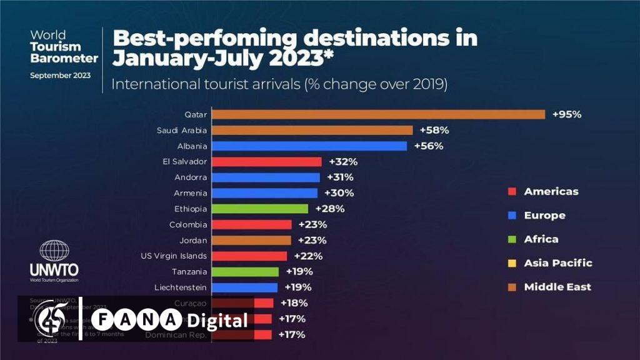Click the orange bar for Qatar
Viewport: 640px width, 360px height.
[x=379, y=114]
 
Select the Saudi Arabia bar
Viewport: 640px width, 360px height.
[x=312, y=130]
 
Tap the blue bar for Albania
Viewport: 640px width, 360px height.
[x=309, y=146]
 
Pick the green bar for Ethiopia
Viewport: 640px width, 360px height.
[x=260, y=208]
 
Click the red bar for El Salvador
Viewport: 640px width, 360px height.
[x=267, y=161]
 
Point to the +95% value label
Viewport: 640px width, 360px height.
[x=567, y=114]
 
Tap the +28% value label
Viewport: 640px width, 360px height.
[x=329, y=208]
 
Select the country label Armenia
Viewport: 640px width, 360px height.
[x=191, y=193]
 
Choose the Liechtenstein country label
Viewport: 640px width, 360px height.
[x=181, y=287]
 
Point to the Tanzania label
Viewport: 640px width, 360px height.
[x=189, y=272]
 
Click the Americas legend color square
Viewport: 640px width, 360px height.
[x=511, y=192]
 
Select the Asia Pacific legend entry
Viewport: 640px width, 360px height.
[x=557, y=263]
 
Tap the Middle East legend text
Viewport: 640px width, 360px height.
[x=557, y=287]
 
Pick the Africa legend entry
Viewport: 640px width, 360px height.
[x=541, y=239]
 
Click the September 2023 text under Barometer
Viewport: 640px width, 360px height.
[x=60, y=76]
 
